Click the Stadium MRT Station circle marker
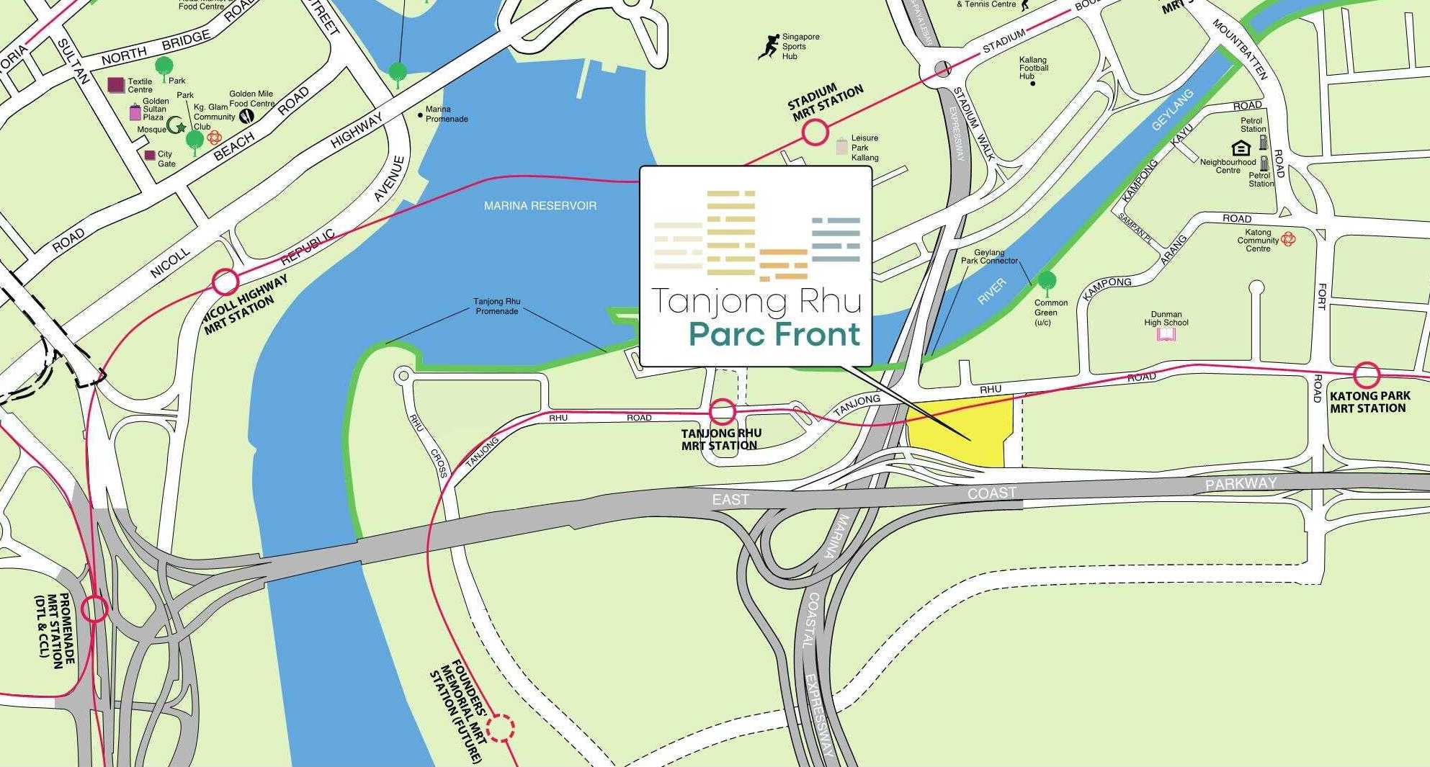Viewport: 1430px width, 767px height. click(x=815, y=133)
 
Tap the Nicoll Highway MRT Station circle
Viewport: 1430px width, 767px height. click(x=225, y=281)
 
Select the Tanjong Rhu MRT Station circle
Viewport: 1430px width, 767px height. click(x=723, y=412)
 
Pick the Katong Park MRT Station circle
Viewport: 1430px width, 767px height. click(x=1367, y=375)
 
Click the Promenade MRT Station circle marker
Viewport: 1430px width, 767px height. click(x=94, y=609)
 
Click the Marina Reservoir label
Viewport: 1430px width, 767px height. click(x=540, y=206)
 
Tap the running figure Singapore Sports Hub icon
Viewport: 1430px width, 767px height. click(x=769, y=46)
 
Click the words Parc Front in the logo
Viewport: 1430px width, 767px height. click(x=774, y=335)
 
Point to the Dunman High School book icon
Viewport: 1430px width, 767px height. click(x=1166, y=335)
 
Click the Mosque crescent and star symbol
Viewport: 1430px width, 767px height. click(x=176, y=127)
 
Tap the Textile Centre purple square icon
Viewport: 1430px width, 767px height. click(x=115, y=85)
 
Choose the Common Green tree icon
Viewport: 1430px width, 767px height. click(x=1046, y=280)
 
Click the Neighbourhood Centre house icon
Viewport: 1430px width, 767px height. click(x=1241, y=148)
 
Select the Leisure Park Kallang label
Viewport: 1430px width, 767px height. click(x=864, y=148)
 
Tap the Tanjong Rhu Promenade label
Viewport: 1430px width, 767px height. click(x=496, y=306)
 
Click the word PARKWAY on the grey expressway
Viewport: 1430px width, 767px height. click(x=1241, y=484)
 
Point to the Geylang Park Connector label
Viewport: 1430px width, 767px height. click(x=989, y=256)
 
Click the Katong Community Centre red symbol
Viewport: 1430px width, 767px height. click(x=1288, y=238)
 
